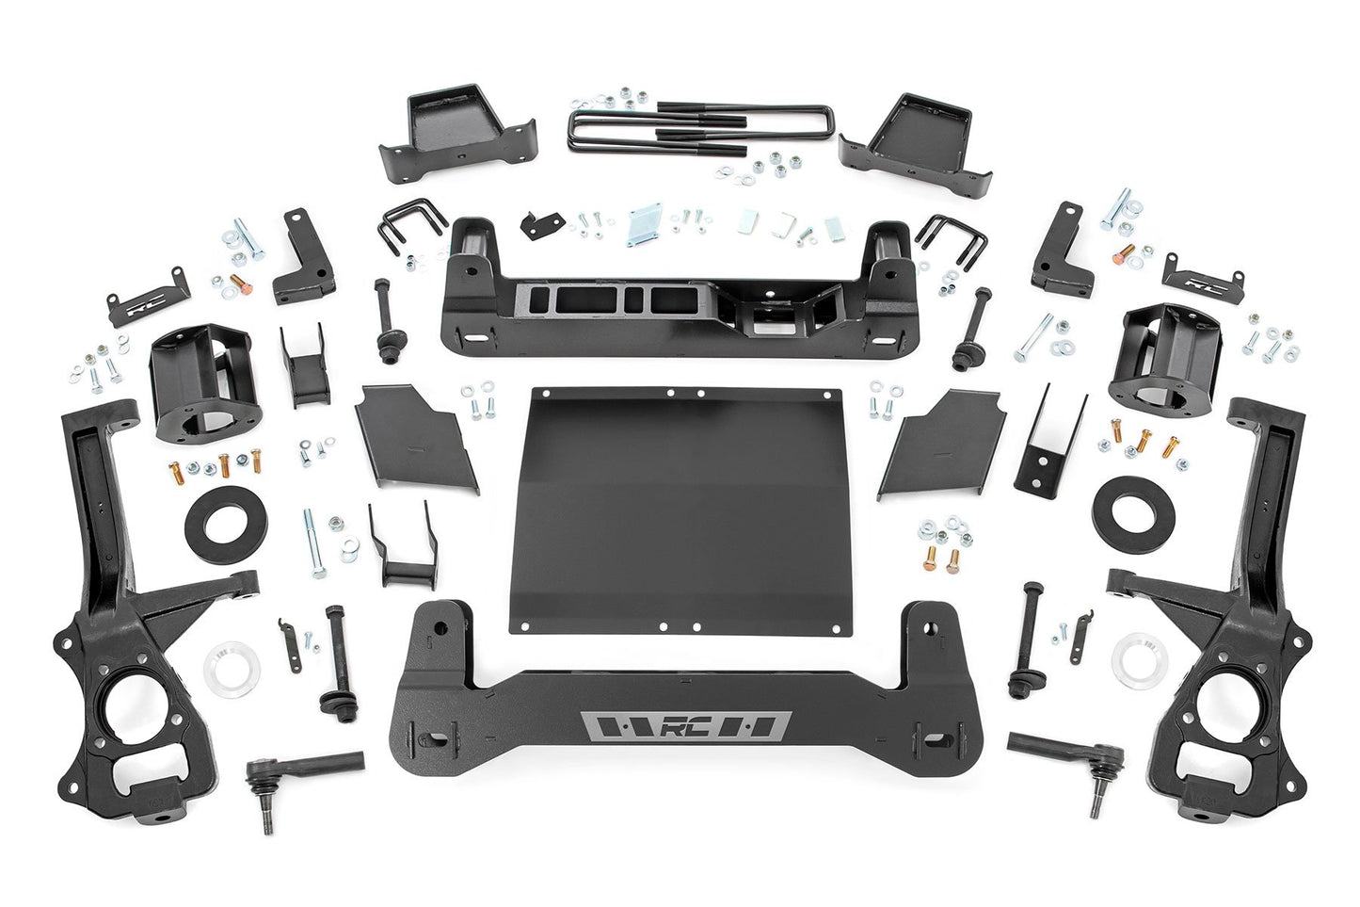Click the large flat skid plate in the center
681,509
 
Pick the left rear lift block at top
456,133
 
